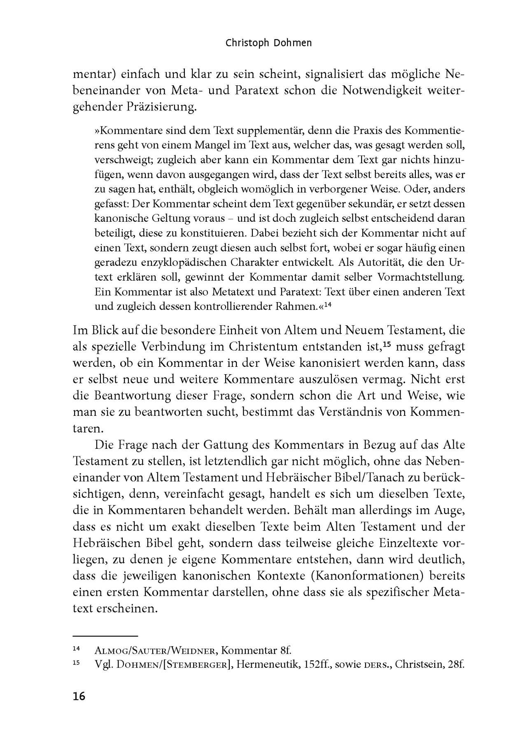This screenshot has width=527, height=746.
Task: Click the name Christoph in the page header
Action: point(245,43)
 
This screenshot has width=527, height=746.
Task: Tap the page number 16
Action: point(79,696)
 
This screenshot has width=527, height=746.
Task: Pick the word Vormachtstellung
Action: point(412,277)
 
